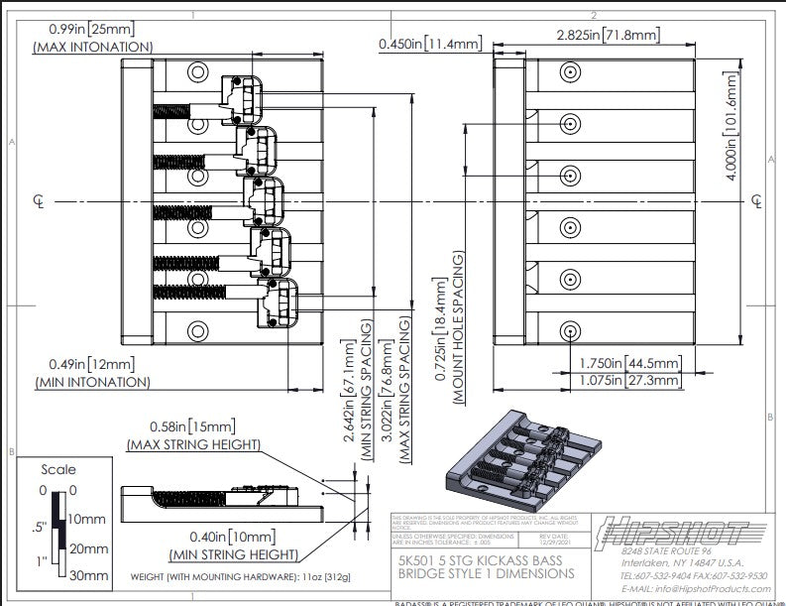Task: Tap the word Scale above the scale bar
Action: tap(58, 469)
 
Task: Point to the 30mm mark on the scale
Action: tap(86, 574)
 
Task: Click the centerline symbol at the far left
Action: tap(38, 201)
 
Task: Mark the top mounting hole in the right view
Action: tap(570, 73)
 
